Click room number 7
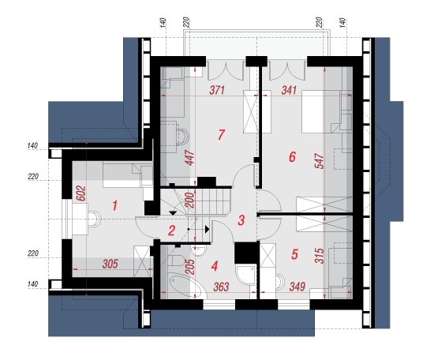click(x=221, y=135)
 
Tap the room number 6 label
click(x=292, y=157)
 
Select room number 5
click(x=294, y=254)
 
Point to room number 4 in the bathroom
click(x=214, y=266)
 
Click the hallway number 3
click(x=241, y=220)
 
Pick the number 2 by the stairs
click(x=171, y=231)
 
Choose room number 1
click(x=114, y=206)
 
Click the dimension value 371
click(x=217, y=90)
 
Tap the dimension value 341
click(x=289, y=90)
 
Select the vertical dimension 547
click(x=319, y=161)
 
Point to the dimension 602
click(x=80, y=193)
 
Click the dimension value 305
click(x=110, y=264)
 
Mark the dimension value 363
click(x=221, y=287)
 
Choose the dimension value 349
click(x=297, y=287)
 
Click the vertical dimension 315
click(x=319, y=256)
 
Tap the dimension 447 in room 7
click(x=189, y=158)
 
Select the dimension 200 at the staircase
click(x=189, y=201)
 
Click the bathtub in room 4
click(x=188, y=286)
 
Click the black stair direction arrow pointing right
click(x=207, y=229)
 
